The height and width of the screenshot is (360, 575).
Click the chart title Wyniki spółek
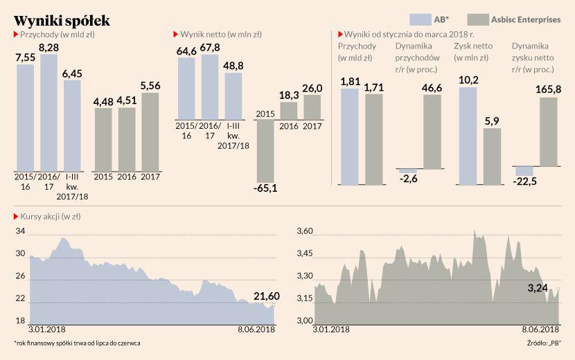(x=61, y=19)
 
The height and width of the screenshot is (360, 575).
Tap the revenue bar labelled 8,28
(x=48, y=111)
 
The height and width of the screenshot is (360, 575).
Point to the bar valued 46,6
(x=432, y=132)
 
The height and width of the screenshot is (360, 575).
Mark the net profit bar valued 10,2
(x=468, y=136)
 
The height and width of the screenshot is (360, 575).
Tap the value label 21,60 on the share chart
(x=265, y=296)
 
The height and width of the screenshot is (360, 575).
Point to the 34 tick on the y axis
(x=20, y=231)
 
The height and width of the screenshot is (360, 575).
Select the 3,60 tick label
(x=305, y=231)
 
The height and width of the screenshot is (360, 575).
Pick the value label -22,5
(x=524, y=182)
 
